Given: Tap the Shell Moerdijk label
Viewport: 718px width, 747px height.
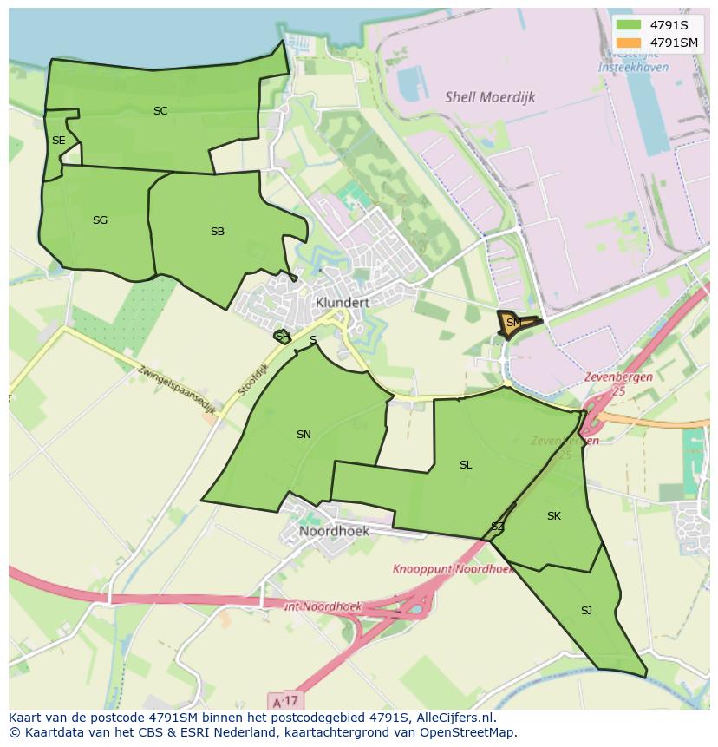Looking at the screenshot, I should click(490, 97).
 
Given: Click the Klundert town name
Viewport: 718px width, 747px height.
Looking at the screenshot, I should click(343, 303).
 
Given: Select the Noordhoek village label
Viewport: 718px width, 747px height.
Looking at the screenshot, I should click(334, 531).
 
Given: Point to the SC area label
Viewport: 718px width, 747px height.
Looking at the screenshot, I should click(160, 111).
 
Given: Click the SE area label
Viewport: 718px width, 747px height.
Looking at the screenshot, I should click(58, 141).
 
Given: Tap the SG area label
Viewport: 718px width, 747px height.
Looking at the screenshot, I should click(100, 220).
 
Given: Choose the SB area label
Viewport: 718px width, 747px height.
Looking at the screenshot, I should click(218, 232).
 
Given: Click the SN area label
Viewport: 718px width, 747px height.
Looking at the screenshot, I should click(304, 435).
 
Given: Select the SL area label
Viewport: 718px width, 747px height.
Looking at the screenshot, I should click(466, 465).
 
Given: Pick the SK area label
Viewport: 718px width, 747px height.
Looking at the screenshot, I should click(554, 516).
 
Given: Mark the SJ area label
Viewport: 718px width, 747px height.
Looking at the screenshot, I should click(586, 611).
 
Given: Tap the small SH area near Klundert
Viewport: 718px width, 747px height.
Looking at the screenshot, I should click(283, 337).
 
